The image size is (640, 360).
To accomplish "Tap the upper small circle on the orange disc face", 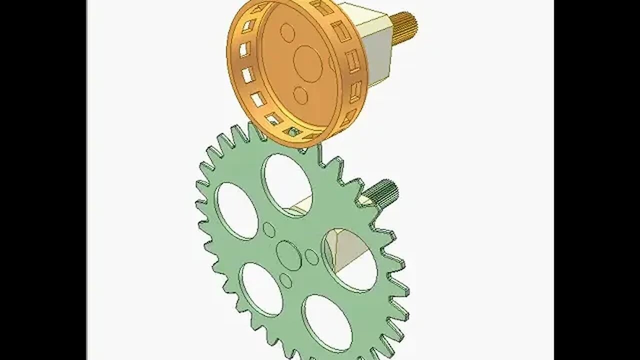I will (287, 32).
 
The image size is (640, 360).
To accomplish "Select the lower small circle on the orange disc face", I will (300, 95).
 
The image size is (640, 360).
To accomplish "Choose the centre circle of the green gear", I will (288, 255).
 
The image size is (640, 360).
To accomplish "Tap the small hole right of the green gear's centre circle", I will (311, 257).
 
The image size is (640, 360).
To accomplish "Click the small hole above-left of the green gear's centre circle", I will (269, 229).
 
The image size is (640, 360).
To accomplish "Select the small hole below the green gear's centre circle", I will (285, 281).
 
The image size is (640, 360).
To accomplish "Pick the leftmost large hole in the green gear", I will (237, 210).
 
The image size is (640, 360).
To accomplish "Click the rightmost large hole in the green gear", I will (350, 260).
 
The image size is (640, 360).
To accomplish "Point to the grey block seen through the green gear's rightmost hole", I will (347, 250).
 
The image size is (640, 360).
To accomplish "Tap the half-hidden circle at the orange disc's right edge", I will (331, 63).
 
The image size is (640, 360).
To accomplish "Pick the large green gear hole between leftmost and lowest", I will (261, 288).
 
